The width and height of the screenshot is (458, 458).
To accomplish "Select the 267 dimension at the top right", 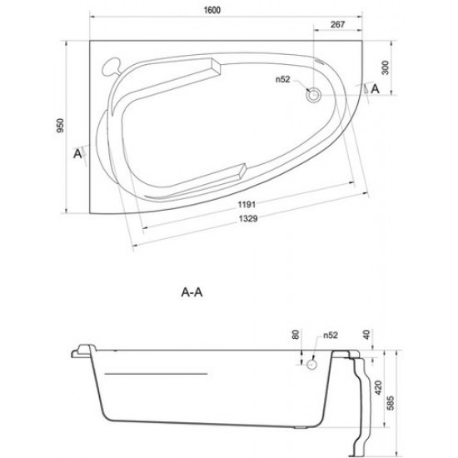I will point(338,24).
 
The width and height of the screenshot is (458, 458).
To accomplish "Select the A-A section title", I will point(193,293).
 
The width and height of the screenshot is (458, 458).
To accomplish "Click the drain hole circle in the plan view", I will point(314,96).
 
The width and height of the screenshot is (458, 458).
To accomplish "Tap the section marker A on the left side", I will point(78,153).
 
